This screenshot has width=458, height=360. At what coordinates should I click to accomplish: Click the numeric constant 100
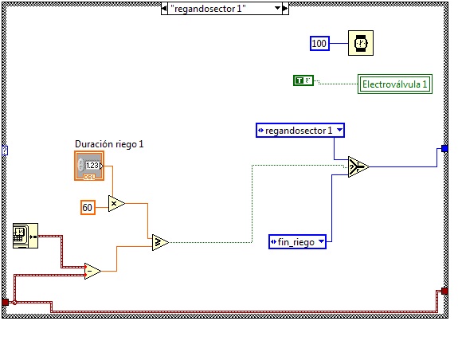[x=319, y=44]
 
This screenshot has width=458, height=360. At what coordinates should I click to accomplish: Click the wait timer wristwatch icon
[x=361, y=43]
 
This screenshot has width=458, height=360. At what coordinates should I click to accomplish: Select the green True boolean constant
[x=303, y=80]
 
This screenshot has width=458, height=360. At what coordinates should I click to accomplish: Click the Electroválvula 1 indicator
[x=395, y=84]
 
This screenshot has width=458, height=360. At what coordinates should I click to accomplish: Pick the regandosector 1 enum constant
[x=300, y=130]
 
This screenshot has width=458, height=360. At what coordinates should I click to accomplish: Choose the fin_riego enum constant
[x=297, y=242]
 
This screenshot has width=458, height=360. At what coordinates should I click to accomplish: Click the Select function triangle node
[x=358, y=166]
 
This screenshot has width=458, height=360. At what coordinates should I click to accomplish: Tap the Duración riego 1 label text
[x=109, y=144]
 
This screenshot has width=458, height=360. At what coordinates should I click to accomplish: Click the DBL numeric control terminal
[x=89, y=166]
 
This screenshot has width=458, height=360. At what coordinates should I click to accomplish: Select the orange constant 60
[x=88, y=208]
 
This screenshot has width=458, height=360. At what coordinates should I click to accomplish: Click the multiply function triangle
[x=116, y=204]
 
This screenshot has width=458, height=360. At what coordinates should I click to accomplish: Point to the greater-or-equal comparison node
[x=160, y=242]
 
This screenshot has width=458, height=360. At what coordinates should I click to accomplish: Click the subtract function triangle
[x=92, y=272]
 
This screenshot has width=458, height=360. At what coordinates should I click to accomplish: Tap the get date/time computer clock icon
[x=25, y=236]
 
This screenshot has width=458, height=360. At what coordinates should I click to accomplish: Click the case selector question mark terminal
[x=5, y=151]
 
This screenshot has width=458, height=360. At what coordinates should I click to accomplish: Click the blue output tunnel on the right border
[x=444, y=149]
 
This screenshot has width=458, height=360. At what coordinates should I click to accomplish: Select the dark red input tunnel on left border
[x=6, y=302]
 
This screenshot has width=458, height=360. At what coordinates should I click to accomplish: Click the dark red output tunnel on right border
[x=444, y=291]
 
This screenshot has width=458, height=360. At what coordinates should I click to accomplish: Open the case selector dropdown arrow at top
[x=278, y=8]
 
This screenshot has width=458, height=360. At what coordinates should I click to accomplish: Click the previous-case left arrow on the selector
[x=164, y=9]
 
